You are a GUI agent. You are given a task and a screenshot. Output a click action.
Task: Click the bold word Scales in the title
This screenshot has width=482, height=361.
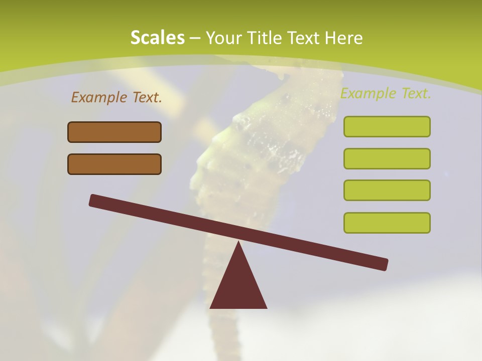157,38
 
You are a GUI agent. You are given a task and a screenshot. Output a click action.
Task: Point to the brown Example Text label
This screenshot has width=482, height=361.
116,98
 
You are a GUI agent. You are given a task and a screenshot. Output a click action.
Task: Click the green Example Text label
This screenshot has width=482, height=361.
386,94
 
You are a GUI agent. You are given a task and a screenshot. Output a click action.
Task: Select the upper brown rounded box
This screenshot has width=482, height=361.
114,132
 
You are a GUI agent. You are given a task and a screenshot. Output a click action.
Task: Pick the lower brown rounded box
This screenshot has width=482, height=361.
114,164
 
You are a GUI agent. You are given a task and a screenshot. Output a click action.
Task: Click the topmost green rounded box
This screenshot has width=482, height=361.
387,126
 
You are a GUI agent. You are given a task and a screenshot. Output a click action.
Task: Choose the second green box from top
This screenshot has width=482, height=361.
387,158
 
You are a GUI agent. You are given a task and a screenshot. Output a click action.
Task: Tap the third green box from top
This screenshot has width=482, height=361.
387,190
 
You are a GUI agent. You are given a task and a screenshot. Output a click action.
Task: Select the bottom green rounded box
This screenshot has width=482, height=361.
387,223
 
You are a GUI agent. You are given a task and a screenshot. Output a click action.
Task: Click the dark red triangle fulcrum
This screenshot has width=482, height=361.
238,286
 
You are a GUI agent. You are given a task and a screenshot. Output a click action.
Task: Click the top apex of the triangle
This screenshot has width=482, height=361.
238,244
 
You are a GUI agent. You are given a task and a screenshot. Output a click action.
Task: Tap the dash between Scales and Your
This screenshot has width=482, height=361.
195,39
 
